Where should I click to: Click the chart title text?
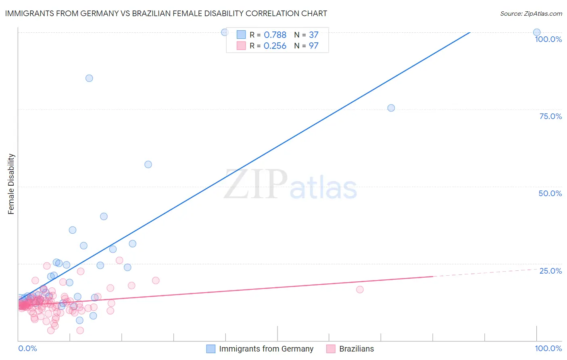(166, 13)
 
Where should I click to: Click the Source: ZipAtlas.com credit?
(531, 14)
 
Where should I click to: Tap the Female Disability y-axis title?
(11, 184)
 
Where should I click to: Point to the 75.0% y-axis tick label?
(550, 116)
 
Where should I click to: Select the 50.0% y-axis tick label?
(550, 193)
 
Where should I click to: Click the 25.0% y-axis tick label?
(550, 271)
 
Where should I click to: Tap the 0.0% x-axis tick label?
(28, 348)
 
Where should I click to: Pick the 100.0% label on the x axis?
(548, 348)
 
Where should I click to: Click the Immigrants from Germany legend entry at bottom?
(260, 349)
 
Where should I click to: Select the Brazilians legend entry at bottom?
(350, 349)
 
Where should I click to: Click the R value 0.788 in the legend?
(275, 35)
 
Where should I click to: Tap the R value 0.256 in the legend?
(275, 46)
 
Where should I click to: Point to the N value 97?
(314, 46)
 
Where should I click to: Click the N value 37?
(314, 35)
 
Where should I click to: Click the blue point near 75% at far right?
(391, 108)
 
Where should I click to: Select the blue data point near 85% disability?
(89, 78)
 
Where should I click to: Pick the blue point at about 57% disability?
(148, 164)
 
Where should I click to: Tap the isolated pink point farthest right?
(360, 289)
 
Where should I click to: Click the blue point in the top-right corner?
(537, 32)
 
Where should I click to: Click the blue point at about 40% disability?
(104, 216)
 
